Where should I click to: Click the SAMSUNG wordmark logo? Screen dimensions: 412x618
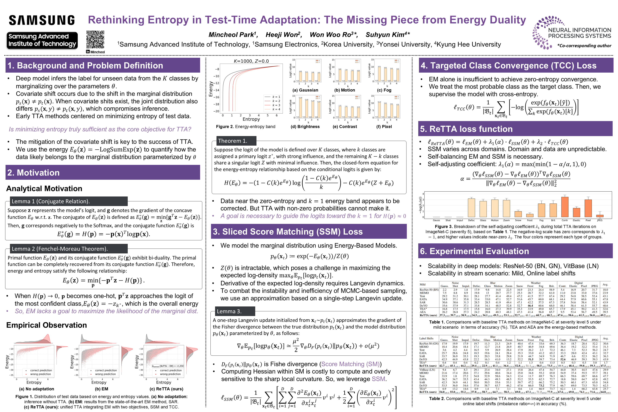[42, 20]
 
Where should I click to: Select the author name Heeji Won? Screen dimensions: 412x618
[283, 35]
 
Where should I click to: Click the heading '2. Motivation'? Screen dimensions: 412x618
[33, 173]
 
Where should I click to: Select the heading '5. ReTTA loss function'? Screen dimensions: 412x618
[466, 129]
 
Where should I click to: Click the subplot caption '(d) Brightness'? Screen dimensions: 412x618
[305, 127]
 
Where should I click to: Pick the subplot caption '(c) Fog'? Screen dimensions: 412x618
[384, 90]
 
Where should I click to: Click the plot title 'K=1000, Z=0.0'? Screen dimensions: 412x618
[251, 61]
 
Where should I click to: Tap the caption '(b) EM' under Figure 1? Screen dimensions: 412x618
[101, 389]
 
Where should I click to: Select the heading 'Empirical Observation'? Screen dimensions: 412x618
[46, 325]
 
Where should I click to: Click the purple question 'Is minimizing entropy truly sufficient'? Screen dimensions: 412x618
[100, 129]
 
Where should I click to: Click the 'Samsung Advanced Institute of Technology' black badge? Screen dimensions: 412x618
[42, 40]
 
